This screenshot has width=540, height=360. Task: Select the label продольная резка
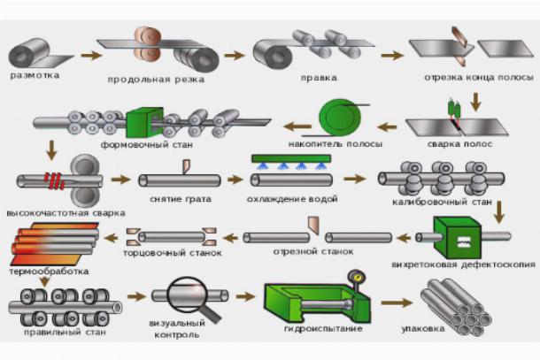pos(155,79)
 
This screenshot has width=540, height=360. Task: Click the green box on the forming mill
pos(141,122)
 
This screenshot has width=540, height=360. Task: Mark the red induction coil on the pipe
pos(58,181)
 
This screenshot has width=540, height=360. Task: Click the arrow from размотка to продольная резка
pos(89,54)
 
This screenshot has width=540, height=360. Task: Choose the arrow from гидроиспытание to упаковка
pos(392,302)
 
